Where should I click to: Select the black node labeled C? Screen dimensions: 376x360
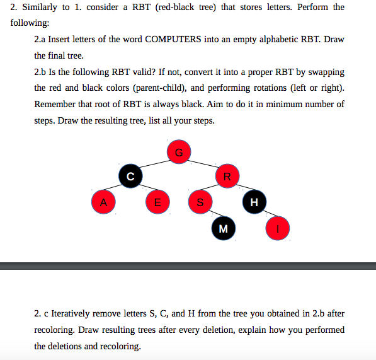(130, 176)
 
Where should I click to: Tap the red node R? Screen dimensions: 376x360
(227, 176)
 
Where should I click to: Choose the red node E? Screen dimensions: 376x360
(157, 202)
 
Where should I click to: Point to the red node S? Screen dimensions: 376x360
(200, 202)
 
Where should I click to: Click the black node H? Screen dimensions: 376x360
(254, 202)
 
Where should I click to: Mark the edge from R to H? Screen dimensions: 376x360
(241, 189)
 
